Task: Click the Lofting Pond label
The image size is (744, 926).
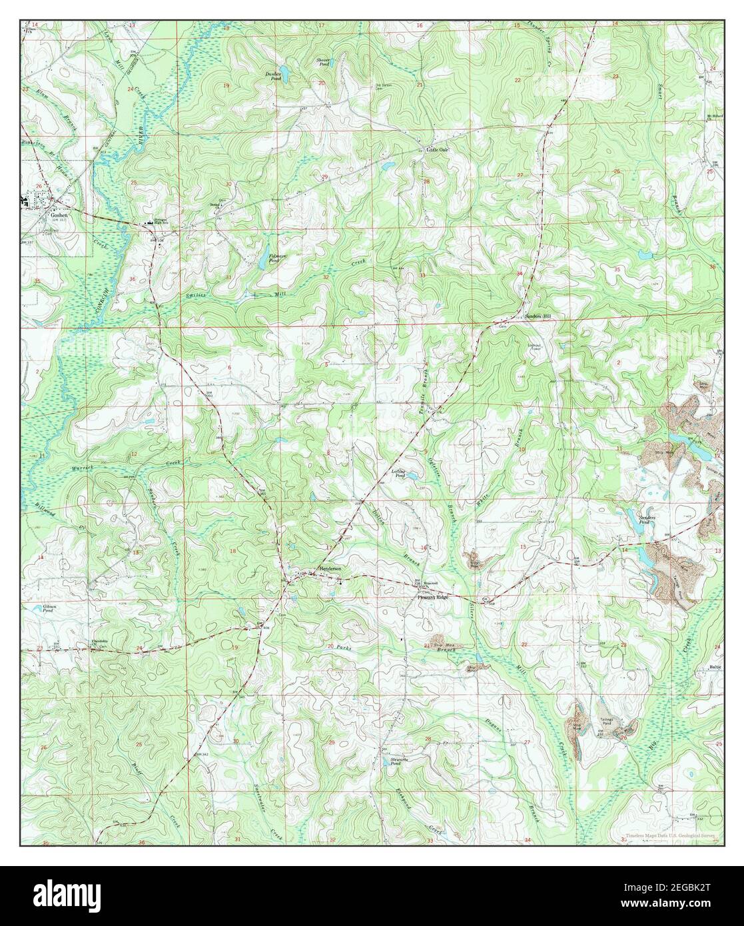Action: pyautogui.click(x=398, y=472)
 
